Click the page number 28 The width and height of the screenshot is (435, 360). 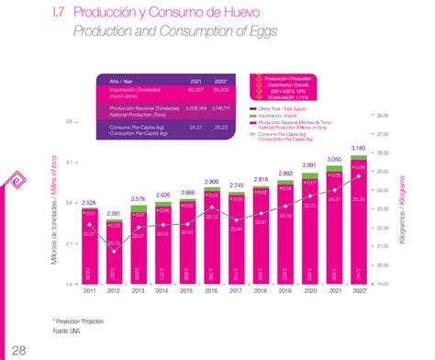click(18, 346)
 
